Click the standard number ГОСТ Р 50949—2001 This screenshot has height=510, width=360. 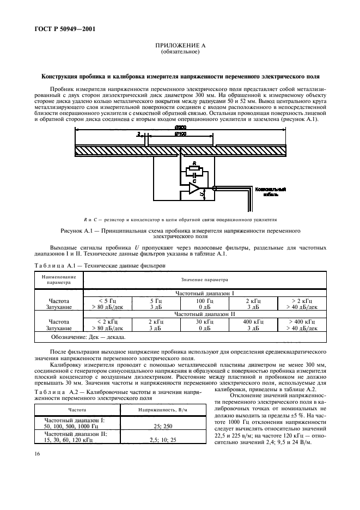click(57, 29)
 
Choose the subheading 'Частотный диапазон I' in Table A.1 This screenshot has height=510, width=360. click(204, 293)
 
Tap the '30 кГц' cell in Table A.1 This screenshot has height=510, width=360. click(204, 321)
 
